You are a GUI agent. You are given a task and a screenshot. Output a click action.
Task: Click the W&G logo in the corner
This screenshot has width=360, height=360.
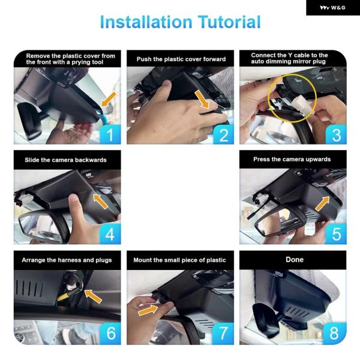(x=332, y=8)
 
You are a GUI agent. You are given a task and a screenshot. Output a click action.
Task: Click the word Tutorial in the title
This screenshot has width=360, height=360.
(x=229, y=22)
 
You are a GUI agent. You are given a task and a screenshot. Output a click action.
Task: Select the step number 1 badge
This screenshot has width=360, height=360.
(x=110, y=134)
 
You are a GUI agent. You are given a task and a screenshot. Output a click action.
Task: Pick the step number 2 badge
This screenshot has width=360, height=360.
(x=223, y=134)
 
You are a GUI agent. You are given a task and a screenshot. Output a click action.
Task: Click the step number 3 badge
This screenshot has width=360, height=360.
(x=336, y=134)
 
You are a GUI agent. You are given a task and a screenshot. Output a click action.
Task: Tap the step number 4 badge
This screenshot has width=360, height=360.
(x=110, y=234)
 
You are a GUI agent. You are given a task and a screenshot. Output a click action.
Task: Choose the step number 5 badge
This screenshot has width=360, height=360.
(x=336, y=234)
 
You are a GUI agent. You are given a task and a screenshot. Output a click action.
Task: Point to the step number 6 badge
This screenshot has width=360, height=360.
(x=110, y=334)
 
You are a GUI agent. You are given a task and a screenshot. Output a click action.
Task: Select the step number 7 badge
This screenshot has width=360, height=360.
(x=223, y=334)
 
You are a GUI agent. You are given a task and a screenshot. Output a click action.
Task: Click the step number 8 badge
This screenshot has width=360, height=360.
(x=335, y=334)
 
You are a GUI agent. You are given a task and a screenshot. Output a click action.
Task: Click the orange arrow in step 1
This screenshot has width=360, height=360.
(x=109, y=99)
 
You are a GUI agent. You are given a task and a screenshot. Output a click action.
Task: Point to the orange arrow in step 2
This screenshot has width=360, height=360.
(x=202, y=99)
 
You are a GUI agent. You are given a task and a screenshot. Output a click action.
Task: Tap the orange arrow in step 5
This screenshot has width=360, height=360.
(x=322, y=203)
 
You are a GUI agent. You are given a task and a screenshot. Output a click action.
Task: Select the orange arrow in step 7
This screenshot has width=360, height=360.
(x=148, y=310)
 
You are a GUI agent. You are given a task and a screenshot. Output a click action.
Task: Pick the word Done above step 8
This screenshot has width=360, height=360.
(x=295, y=260)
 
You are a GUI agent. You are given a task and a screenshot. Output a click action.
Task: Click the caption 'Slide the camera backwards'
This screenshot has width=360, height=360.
(x=65, y=160)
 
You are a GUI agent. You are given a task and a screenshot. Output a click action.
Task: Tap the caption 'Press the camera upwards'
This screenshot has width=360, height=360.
(x=292, y=160)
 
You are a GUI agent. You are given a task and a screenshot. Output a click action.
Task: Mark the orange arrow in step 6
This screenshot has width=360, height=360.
(x=93, y=296)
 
